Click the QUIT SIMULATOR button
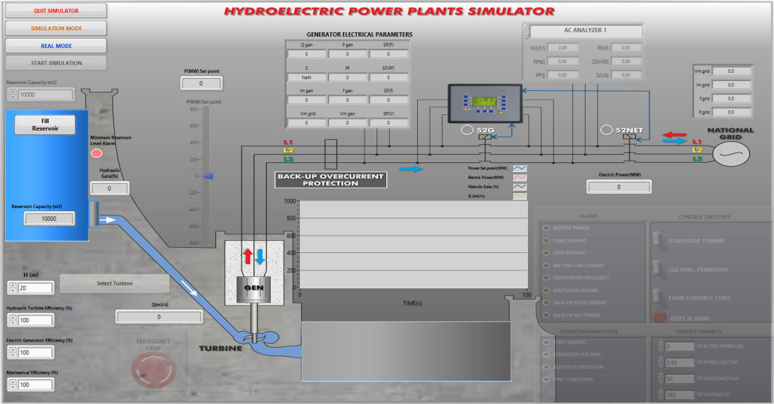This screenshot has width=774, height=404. [x=55, y=11]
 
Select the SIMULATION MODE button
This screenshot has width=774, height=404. [x=55, y=29]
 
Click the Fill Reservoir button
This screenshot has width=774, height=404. [x=45, y=125]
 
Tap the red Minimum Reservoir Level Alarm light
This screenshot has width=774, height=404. [x=97, y=153]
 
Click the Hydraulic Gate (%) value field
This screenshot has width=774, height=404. [x=109, y=188]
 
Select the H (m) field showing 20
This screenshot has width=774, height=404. [x=36, y=288]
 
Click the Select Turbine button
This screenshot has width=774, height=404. [x=114, y=283]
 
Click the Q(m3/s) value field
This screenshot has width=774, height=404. [x=158, y=317]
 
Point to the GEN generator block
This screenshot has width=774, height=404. [x=253, y=286]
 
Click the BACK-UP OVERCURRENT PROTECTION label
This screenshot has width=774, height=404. [x=331, y=180]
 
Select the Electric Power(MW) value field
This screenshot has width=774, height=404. [x=619, y=187]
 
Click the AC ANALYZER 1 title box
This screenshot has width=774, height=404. [x=584, y=31]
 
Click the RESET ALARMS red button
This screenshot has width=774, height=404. [x=659, y=316]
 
